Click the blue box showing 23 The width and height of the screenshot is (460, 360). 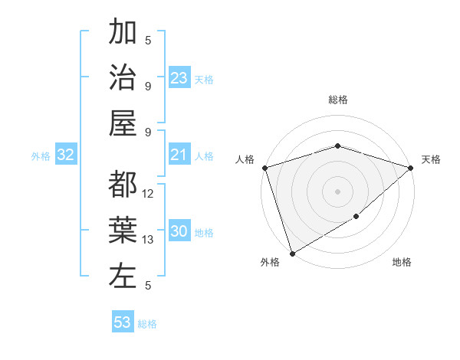point(179,78)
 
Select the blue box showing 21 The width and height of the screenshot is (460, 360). point(179,155)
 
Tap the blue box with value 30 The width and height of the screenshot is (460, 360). point(179,232)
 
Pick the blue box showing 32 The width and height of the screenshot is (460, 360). point(65,155)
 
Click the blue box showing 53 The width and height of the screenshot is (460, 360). point(122,322)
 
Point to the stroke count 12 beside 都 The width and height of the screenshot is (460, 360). point(149,194)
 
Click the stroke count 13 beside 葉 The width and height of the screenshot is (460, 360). point(149,240)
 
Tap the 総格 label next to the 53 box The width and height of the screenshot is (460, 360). point(147,323)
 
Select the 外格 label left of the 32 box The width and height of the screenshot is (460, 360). point(41,156)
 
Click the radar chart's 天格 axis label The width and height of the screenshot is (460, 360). point(432,159)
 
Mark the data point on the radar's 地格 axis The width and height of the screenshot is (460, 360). point(356,218)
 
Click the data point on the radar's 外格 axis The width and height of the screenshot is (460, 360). point(292,254)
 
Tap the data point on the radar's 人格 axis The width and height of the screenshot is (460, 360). point(264,168)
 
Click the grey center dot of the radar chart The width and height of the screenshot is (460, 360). point(337,191)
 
